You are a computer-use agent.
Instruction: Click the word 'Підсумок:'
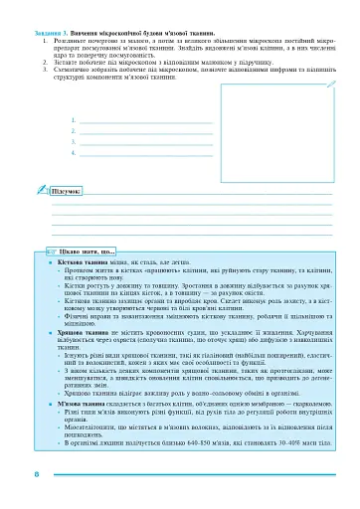click(x=67, y=188)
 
